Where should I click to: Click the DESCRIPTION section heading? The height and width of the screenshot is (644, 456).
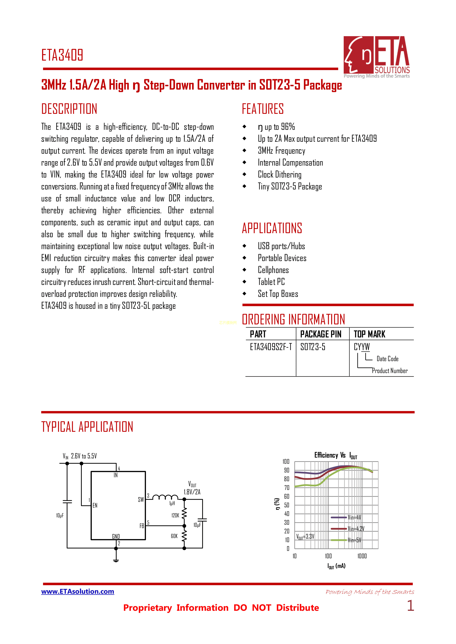pyautogui.click(x=69, y=109)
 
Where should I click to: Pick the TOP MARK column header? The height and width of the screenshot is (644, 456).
pyautogui.click(x=369, y=334)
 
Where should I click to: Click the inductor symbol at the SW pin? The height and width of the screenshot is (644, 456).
pyautogui.click(x=165, y=497)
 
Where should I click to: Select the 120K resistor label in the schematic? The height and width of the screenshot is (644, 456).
pyautogui.click(x=175, y=515)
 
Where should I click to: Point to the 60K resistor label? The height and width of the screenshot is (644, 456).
pyautogui.click(x=174, y=536)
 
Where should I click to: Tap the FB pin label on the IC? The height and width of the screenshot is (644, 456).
pyautogui.click(x=142, y=526)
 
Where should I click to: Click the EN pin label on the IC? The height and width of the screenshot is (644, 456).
pyautogui.click(x=95, y=505)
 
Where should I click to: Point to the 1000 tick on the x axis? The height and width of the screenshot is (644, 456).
pyautogui.click(x=362, y=556)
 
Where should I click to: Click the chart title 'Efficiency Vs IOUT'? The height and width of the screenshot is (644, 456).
pyautogui.click(x=336, y=455)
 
